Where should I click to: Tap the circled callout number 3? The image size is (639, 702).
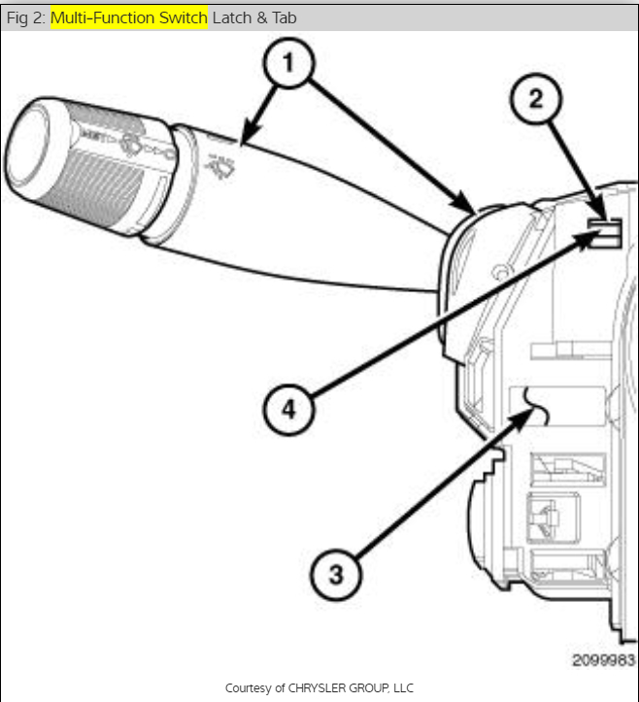[336, 573]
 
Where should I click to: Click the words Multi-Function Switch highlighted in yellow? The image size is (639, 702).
[128, 17]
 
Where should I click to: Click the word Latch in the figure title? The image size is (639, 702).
[229, 17]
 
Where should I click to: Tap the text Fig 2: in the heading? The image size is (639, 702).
[26, 17]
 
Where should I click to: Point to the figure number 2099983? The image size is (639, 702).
[602, 660]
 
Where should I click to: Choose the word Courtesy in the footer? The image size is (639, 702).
[248, 687]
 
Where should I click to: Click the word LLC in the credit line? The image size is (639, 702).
[402, 687]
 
